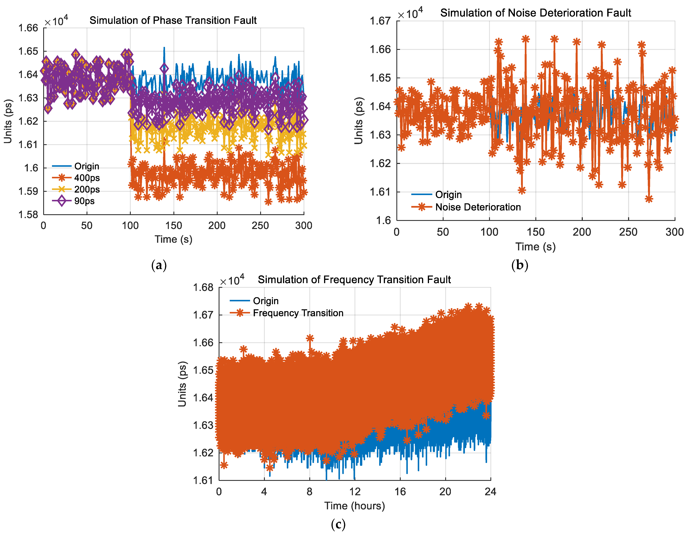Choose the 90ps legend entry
pyautogui.click(x=84, y=201)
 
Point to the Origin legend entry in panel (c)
pyautogui.click(x=266, y=301)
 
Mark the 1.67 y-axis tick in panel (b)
pyautogui.click(x=380, y=21)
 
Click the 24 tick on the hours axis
pyautogui.click(x=490, y=492)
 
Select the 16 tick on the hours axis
pyautogui.click(x=400, y=492)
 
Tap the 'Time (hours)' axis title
pyautogui.click(x=355, y=506)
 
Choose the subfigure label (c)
pyautogui.click(x=338, y=525)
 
